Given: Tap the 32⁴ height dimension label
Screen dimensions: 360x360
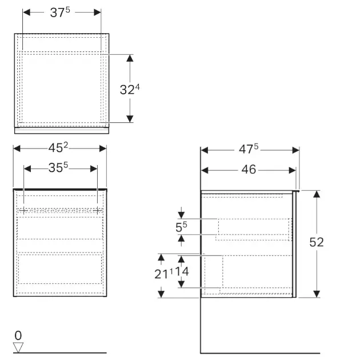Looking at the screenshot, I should pyautogui.click(x=130, y=89).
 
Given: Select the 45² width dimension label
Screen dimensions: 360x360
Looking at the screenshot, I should pyautogui.click(x=59, y=148).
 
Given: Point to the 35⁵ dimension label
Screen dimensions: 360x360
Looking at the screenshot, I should pyautogui.click(x=60, y=169).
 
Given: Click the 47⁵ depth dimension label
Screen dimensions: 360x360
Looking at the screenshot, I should pyautogui.click(x=249, y=150).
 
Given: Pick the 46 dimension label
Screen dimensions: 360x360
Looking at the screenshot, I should pyautogui.click(x=249, y=170).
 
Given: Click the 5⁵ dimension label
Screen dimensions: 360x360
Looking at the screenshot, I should pyautogui.click(x=181, y=227).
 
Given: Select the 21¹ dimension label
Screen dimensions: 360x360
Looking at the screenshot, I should pyautogui.click(x=165, y=273).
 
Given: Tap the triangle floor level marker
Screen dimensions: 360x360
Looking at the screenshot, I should pyautogui.click(x=18, y=347).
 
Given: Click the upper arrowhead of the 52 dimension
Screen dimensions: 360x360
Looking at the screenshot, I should pyautogui.click(x=317, y=194).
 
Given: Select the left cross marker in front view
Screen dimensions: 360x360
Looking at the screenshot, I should pyautogui.click(x=23, y=210).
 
